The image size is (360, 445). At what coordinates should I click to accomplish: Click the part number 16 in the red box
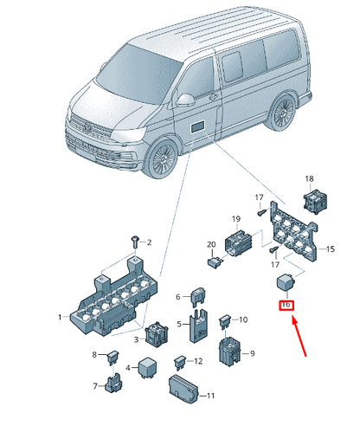point(286,305)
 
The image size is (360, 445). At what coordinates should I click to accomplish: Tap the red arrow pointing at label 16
point(299,336)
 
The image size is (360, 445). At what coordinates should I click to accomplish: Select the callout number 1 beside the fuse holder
point(60,317)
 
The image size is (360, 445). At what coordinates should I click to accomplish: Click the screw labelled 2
point(135,242)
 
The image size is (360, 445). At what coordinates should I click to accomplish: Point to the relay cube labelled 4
point(147,367)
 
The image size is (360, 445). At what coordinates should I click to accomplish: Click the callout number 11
point(211,396)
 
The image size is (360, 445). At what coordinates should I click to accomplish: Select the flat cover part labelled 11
point(183,389)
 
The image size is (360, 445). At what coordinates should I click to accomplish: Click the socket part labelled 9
point(229,352)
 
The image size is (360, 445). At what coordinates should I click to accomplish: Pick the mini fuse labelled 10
point(225,321)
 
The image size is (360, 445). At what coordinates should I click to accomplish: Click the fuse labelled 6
point(198,296)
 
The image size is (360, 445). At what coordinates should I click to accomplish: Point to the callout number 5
point(179,324)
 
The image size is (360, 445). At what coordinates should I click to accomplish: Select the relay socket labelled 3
point(157,334)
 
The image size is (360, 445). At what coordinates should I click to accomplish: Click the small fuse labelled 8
point(113,357)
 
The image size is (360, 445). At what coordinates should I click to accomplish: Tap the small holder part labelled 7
point(114,383)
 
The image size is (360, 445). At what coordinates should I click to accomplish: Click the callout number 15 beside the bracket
point(331,249)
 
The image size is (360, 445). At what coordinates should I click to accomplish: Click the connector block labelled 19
point(238,242)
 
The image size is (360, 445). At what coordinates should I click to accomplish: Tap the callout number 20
point(211,244)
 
